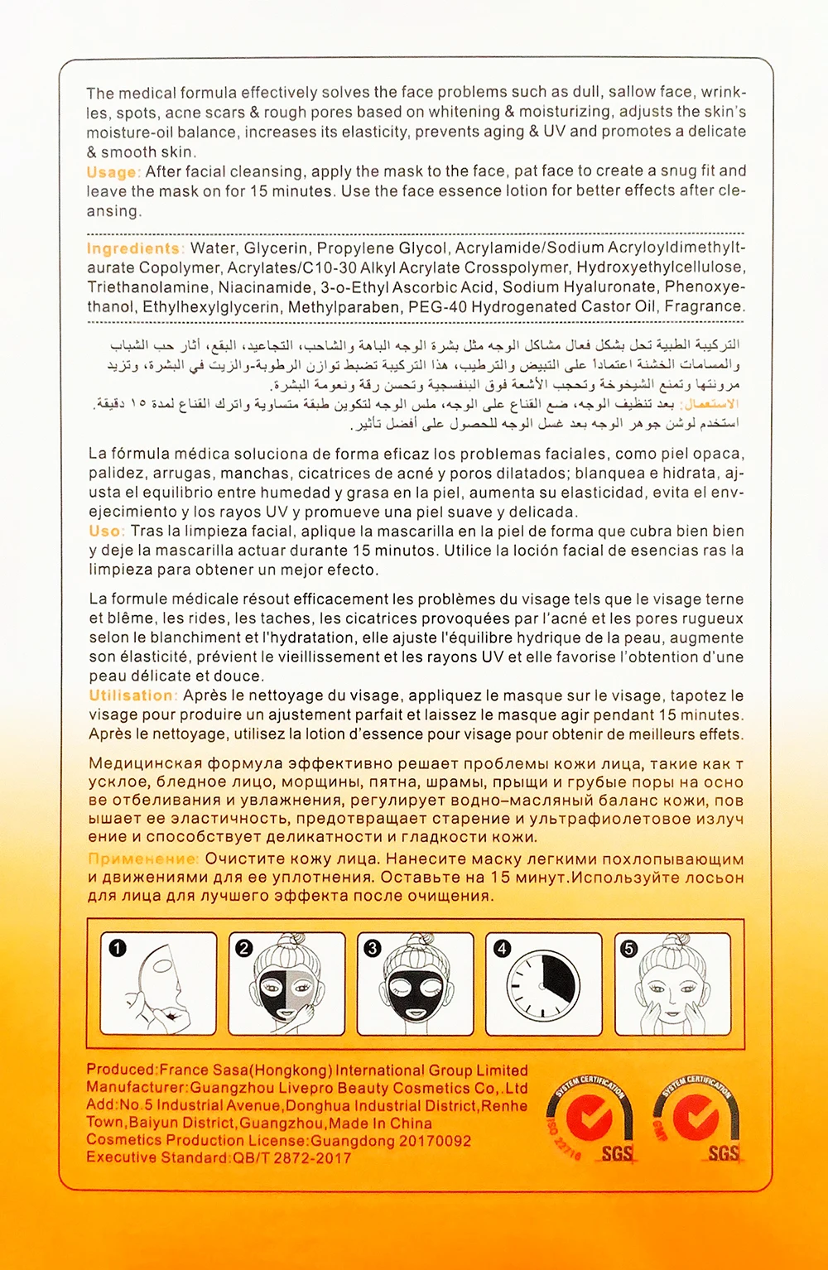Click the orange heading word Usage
coord(112,172)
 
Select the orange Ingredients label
coord(132,248)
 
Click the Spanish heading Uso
coord(105,532)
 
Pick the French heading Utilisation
coord(132,695)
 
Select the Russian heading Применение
coord(142,859)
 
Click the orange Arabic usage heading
coord(709,405)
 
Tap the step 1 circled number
coord(118,948)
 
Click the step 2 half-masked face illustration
coord(286,985)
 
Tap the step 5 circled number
coord(629,948)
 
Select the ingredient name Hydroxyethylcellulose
coord(660,267)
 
